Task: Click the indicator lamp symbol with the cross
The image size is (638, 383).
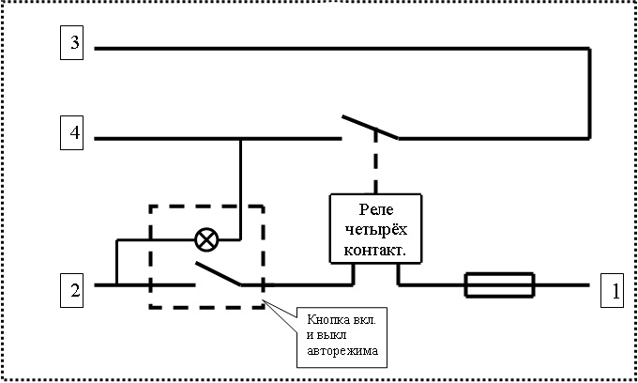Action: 205,239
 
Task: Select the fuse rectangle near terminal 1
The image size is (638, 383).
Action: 500,283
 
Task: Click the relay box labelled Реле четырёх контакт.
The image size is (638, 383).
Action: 375,228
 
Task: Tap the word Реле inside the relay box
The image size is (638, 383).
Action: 375,209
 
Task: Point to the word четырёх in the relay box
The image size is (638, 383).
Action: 375,229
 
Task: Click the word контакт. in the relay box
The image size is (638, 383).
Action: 375,249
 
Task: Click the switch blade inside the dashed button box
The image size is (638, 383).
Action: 218,274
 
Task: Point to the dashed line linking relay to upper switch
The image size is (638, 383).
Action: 376,164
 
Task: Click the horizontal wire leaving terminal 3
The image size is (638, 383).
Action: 338,47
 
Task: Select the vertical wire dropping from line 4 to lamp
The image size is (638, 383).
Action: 241,183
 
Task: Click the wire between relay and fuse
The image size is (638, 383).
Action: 432,283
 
